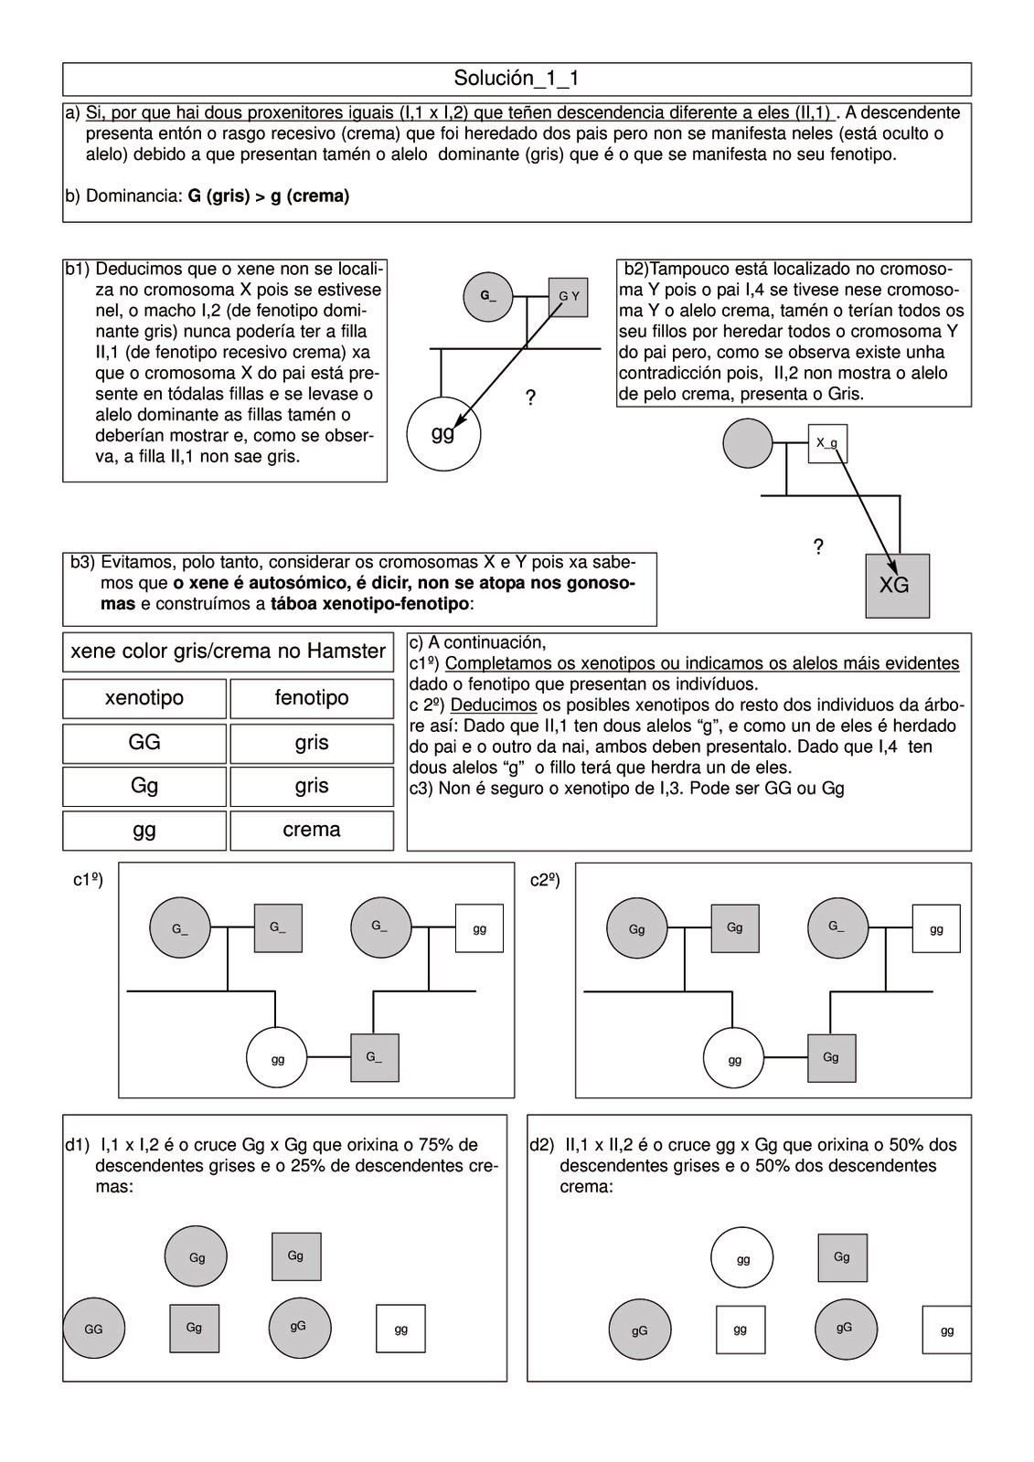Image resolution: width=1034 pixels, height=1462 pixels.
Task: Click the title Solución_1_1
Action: [x=517, y=79]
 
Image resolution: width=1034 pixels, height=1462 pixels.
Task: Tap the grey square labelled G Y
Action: [x=568, y=296]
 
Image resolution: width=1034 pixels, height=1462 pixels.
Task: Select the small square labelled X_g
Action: [x=826, y=443]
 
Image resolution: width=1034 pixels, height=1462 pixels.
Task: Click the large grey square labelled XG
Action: [x=897, y=586]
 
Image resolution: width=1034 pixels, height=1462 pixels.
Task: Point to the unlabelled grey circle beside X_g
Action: [x=748, y=443]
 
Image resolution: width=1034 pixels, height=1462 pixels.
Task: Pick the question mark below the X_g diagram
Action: [x=818, y=547]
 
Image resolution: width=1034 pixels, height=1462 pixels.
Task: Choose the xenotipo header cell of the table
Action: [x=144, y=698]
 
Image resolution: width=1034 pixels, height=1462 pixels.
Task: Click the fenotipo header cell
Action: [x=312, y=698]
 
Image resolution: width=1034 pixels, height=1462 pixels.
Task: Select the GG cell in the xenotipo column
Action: [x=144, y=742]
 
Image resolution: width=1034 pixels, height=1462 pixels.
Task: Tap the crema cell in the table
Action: [x=312, y=830]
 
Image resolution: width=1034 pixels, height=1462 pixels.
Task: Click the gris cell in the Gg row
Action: [x=312, y=786]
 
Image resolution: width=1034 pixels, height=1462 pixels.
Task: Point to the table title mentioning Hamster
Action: [x=228, y=652]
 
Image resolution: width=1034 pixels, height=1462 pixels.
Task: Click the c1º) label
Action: [x=88, y=880]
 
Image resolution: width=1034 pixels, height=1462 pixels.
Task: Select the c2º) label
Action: [x=545, y=880]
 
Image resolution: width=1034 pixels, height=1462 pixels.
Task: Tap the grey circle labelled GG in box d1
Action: [x=93, y=1329]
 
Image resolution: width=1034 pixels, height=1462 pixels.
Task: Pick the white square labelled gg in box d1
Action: [x=400, y=1329]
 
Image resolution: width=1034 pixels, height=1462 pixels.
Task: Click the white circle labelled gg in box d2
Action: [x=742, y=1258]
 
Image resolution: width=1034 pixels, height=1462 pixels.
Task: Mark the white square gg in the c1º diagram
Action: [x=479, y=928]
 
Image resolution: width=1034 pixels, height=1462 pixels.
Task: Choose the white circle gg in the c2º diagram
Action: [x=734, y=1060]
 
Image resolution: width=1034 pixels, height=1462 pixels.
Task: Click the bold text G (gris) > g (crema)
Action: [x=269, y=196]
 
